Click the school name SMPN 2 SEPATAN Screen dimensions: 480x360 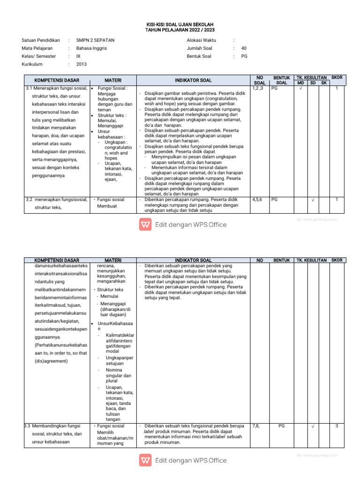coord(95,40)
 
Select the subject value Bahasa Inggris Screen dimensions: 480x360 coord(91,48)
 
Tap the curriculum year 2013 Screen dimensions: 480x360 coord(82,64)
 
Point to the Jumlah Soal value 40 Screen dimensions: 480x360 coord(244,48)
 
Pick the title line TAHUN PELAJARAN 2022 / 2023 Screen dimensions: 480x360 coord(180,30)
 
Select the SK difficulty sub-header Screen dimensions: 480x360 coord(323,83)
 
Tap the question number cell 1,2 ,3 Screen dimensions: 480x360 coord(258,88)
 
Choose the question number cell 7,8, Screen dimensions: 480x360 coord(256,426)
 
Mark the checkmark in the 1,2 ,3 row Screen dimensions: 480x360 coord(300,88)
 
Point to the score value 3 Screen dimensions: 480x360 coord(337,426)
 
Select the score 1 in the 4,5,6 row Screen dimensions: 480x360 coord(337,200)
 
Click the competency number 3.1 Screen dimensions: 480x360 coord(29,88)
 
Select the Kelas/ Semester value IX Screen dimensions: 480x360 coord(78,56)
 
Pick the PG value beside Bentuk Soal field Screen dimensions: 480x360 coord(244,56)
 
